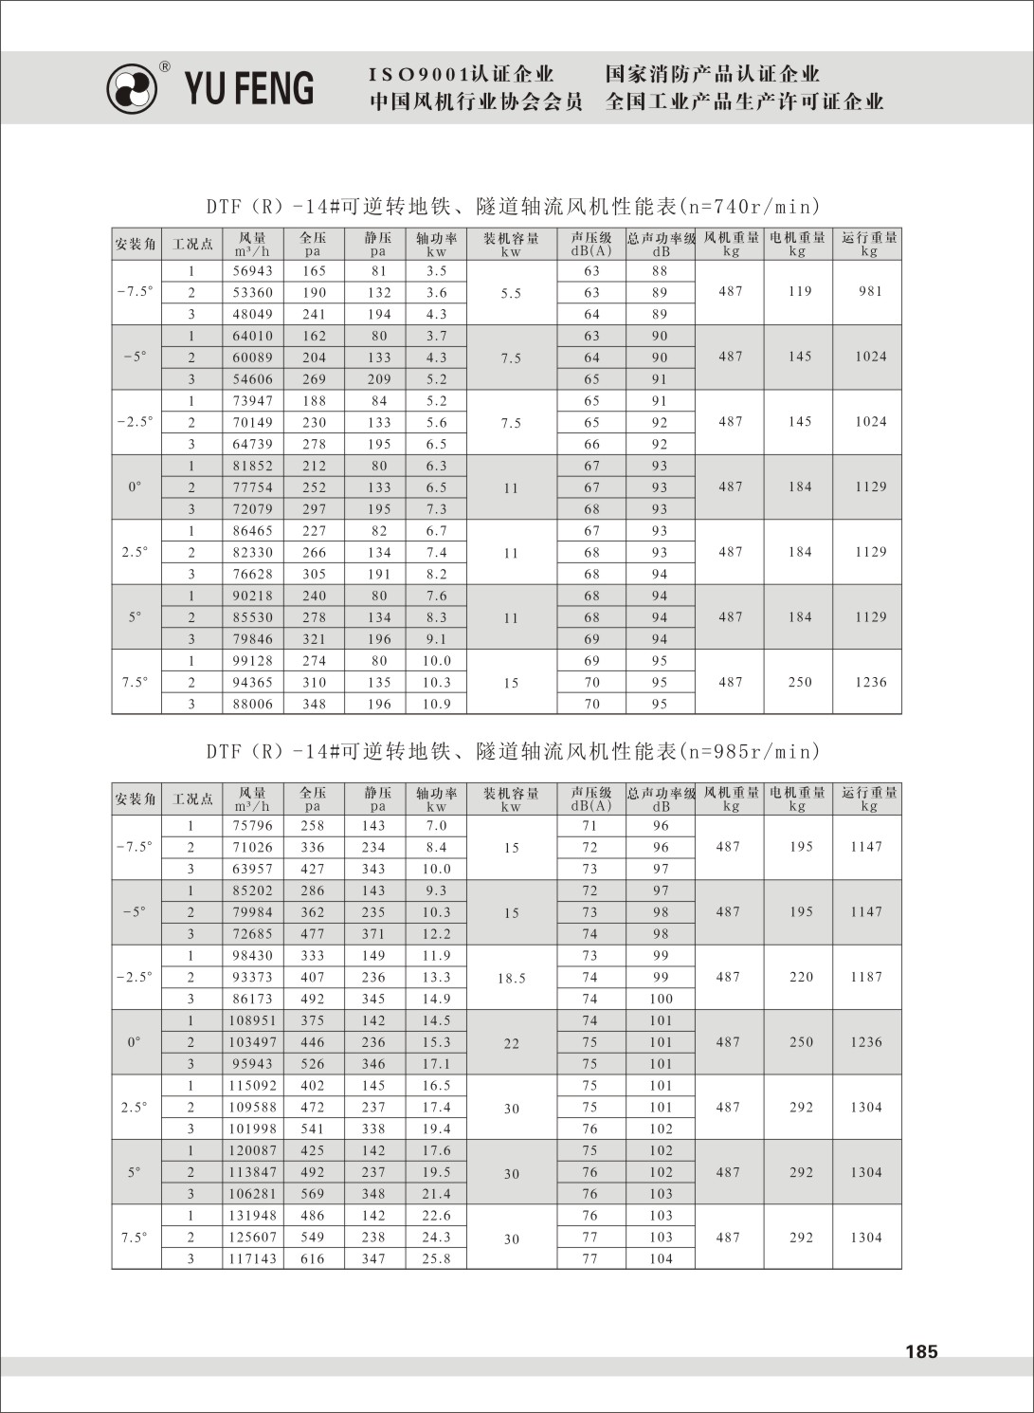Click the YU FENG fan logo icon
coord(133,89)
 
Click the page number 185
coord(920,1351)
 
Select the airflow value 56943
coord(253,271)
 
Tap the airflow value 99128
coord(253,661)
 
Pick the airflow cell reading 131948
coord(253,1216)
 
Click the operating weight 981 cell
coord(870,292)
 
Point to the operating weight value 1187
coord(866,977)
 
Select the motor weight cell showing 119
coord(800,292)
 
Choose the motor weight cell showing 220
coord(801,977)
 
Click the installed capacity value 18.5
coord(511,978)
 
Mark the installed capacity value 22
coord(511,1043)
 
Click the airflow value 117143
coord(253,1259)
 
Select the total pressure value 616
coord(313,1259)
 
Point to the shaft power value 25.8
coord(436,1259)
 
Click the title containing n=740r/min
coord(513,207)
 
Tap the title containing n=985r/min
coord(513,752)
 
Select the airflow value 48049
coord(253,314)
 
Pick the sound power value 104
coord(661,1259)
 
